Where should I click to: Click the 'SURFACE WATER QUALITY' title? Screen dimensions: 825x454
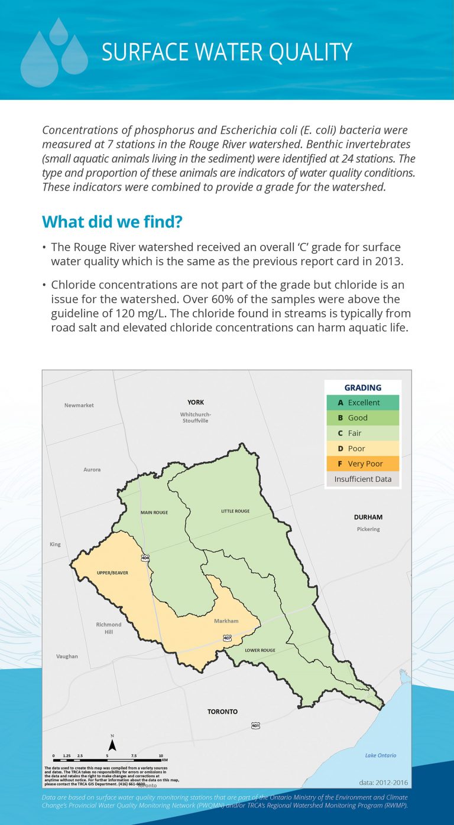[226, 52]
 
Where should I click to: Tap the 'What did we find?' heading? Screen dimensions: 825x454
[112, 222]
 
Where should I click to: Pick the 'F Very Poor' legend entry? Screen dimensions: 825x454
[362, 464]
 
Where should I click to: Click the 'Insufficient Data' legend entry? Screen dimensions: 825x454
[362, 479]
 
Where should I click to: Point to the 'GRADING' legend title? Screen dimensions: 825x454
[362, 387]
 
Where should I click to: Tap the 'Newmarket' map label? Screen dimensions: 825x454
[79, 405]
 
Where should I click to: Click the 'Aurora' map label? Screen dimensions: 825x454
[92, 469]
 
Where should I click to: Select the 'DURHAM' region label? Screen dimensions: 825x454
[368, 517]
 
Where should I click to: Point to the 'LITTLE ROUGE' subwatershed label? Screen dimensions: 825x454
[235, 511]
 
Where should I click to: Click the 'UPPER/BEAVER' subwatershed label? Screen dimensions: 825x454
[112, 573]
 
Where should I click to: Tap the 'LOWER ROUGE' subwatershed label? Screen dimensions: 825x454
[260, 650]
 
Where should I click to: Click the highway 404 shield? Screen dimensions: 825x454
[145, 557]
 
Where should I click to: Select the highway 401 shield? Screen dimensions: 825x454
[255, 725]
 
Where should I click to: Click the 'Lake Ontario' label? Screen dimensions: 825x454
[381, 755]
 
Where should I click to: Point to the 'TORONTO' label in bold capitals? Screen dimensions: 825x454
[222, 712]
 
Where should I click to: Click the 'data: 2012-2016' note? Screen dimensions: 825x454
[383, 782]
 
